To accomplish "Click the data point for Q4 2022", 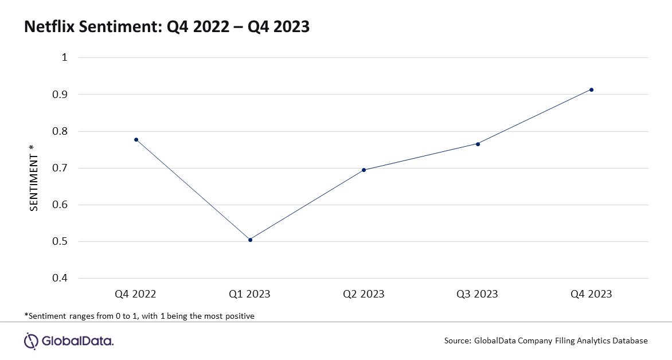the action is pos(136,140).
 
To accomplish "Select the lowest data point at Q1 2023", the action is pos(251,240).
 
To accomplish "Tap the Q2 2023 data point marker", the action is pos(364,170).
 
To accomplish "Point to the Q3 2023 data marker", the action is pos(478,144).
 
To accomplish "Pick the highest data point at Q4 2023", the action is pos(591,89).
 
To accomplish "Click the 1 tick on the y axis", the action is pos(65,57).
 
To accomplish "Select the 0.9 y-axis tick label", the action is pos(60,94).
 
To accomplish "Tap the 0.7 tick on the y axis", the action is pos(60,168).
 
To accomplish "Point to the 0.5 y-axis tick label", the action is pos(60,242).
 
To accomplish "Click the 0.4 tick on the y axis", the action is pos(60,278).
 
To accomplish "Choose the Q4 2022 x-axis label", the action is pos(135,294).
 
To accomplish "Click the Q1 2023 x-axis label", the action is pos(249,294).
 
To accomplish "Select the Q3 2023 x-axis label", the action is pos(477,294).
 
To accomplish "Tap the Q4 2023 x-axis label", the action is pos(591,294).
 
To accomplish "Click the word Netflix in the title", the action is pos(49,26).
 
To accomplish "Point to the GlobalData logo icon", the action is pos(31,341).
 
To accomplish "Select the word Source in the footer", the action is pos(458,341).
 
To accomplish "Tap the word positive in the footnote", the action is pos(239,316).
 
